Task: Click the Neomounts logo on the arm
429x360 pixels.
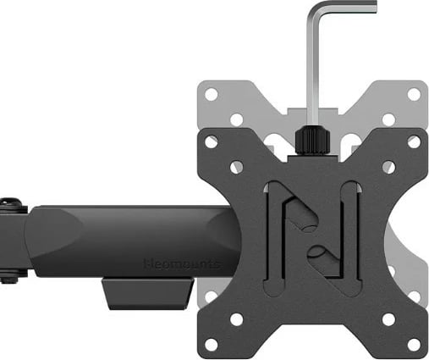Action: click(181, 264)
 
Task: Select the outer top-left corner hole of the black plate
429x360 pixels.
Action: click(211, 142)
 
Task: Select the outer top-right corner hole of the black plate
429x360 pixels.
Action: click(414, 142)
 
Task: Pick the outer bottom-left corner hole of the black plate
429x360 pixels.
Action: click(211, 344)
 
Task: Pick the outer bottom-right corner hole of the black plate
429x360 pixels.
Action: click(414, 344)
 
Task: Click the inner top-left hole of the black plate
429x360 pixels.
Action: click(237, 168)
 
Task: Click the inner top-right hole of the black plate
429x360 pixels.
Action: click(388, 168)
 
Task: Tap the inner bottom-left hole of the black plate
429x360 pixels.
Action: click(237, 318)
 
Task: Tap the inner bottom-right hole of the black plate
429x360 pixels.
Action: click(388, 318)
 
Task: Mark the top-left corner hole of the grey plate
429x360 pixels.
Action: click(211, 94)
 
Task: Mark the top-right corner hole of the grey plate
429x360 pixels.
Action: click(414, 94)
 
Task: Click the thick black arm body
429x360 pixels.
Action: click(127, 241)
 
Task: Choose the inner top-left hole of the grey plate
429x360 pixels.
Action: click(237, 119)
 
